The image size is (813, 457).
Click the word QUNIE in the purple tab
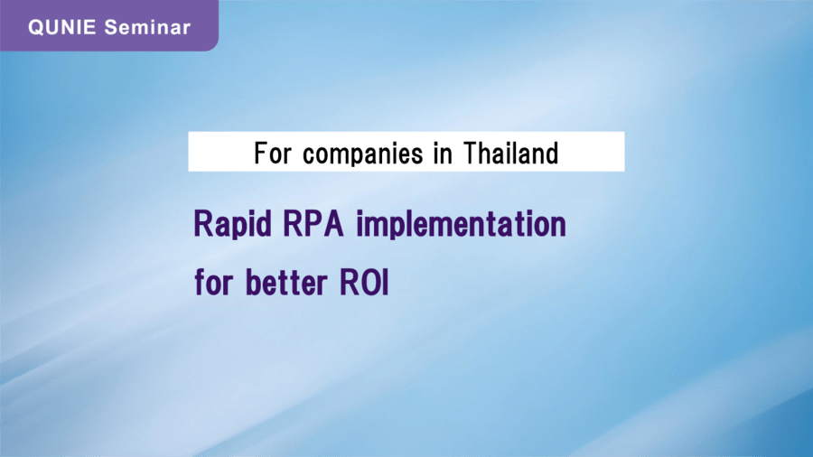[x=61, y=27]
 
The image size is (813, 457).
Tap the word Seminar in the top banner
[x=147, y=27]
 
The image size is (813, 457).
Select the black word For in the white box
[x=273, y=154]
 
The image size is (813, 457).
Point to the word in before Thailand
[x=443, y=154]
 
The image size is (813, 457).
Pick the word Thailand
[x=510, y=154]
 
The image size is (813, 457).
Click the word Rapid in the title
[x=233, y=224]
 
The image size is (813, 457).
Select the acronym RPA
[x=313, y=224]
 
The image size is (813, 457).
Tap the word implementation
[x=461, y=224]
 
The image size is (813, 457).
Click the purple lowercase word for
[x=213, y=282]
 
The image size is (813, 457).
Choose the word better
[x=286, y=282]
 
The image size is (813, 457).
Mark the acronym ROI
[x=364, y=283]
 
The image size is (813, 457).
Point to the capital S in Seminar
[x=110, y=27]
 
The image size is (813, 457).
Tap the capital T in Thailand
[x=472, y=154]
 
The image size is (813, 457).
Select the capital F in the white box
[x=261, y=154]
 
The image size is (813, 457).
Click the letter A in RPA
[x=332, y=224]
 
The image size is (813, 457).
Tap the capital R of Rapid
[x=203, y=224]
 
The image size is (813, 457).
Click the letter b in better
[x=254, y=283]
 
